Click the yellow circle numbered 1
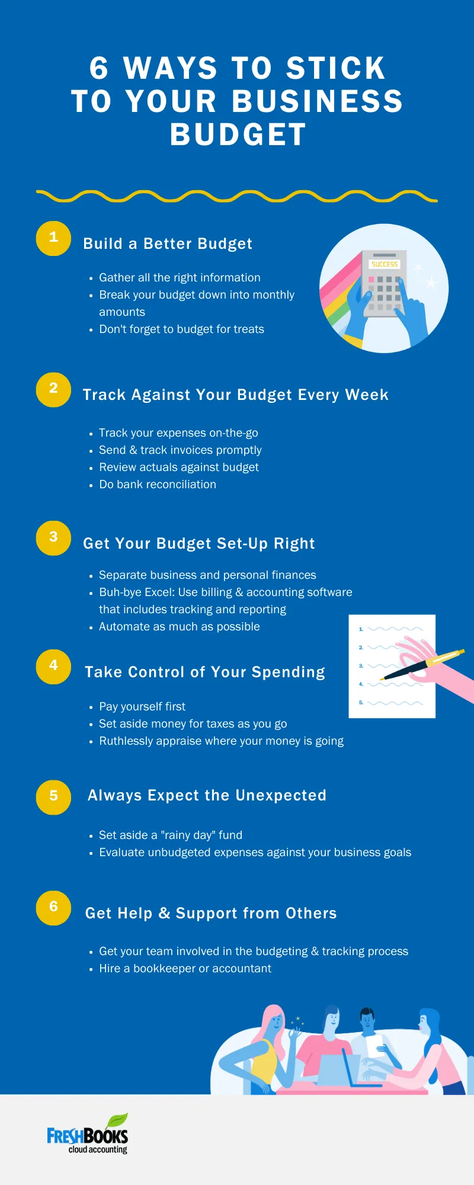53,238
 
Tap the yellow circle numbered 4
53,667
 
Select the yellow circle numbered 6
53,908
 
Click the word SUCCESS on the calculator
385,264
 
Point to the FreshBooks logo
88,1135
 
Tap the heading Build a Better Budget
168,244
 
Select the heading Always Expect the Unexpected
207,795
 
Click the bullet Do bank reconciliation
157,484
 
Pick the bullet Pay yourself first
142,706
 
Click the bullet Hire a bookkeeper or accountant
185,968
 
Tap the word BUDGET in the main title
238,134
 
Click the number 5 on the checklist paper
361,702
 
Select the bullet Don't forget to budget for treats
181,329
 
